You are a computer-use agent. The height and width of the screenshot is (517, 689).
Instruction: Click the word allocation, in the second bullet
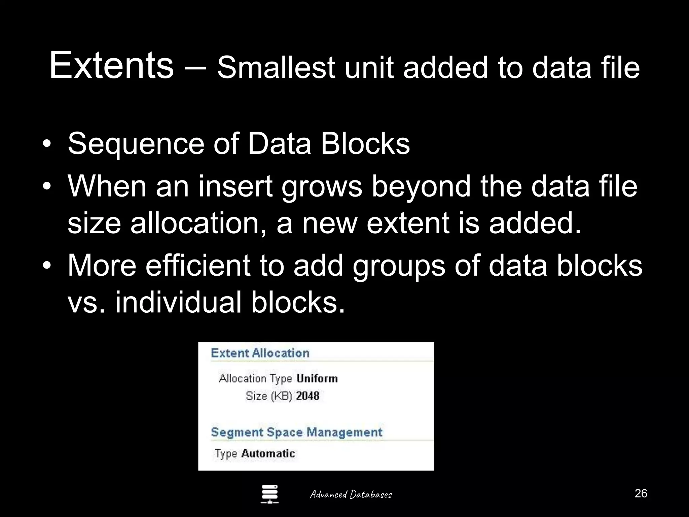point(199,223)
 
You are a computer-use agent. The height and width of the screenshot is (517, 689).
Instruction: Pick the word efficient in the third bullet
point(198,266)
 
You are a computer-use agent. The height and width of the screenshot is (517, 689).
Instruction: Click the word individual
point(178,302)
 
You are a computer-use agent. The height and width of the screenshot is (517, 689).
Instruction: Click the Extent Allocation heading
point(260,353)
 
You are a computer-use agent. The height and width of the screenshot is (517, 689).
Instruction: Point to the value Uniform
point(317,379)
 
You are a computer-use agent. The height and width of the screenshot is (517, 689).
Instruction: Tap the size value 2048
point(307,396)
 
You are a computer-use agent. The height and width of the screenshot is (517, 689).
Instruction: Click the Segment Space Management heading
point(296,432)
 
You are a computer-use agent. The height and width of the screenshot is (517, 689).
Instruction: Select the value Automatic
point(268,453)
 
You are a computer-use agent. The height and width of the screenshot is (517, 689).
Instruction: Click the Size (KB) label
point(268,396)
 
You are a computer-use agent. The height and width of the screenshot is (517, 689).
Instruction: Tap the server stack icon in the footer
point(270,494)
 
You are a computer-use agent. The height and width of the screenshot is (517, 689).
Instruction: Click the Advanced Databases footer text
point(351,494)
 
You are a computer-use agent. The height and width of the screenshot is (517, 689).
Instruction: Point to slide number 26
point(641,493)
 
